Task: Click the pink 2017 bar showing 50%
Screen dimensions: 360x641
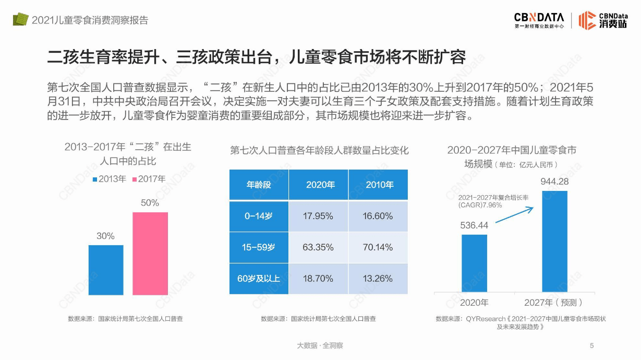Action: click(x=150, y=253)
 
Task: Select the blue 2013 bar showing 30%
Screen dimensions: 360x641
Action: click(x=106, y=270)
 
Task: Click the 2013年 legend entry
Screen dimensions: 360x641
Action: click(x=110, y=179)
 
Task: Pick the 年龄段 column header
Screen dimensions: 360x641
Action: click(x=259, y=185)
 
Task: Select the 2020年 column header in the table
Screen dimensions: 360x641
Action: click(x=318, y=185)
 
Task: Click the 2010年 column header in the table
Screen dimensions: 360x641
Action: click(x=378, y=185)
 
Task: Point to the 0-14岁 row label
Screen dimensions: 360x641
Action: click(x=259, y=216)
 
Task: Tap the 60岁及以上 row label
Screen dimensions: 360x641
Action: click(x=259, y=279)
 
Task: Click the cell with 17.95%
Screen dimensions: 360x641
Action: click(x=318, y=216)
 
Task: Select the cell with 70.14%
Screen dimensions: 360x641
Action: click(x=378, y=247)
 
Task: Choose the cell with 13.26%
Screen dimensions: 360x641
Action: click(x=378, y=279)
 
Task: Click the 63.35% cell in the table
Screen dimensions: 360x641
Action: click(x=318, y=247)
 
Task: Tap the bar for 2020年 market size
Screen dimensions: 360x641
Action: click(x=474, y=263)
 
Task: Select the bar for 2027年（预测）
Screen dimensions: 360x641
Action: click(x=554, y=241)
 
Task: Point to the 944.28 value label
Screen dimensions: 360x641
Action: click(x=554, y=182)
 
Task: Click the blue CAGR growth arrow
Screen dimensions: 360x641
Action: click(x=514, y=215)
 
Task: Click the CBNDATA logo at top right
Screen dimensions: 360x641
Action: click(x=539, y=20)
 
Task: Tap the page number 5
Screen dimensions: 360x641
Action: click(x=591, y=345)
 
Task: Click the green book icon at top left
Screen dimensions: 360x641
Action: click(x=20, y=19)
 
